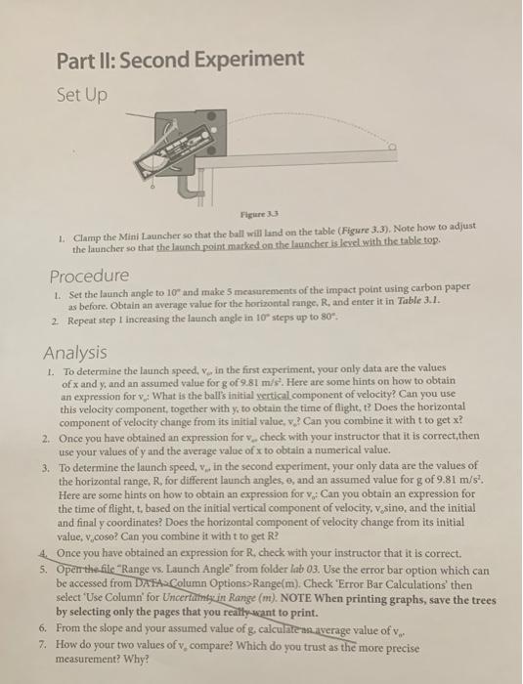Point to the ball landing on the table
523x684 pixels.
tap(392, 150)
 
